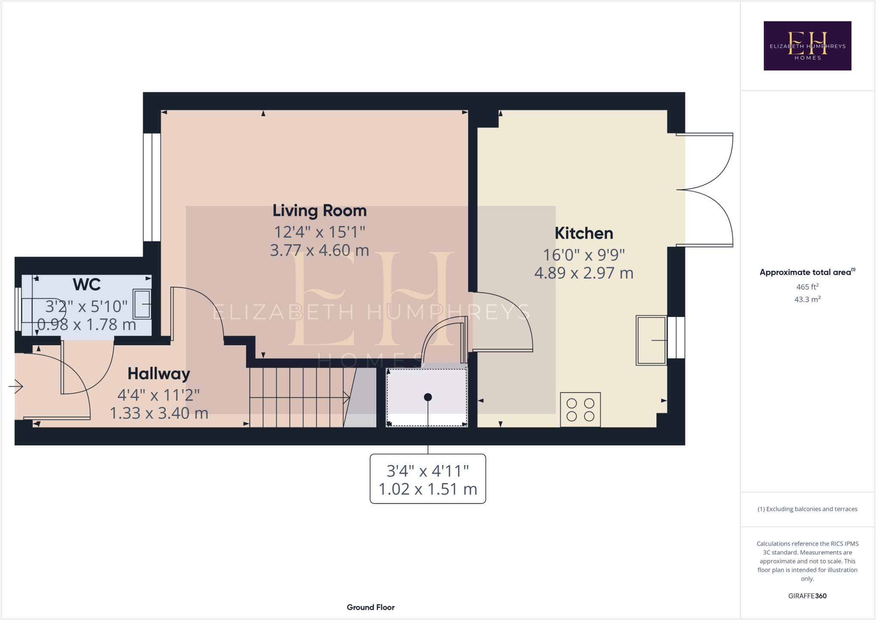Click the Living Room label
pyautogui.click(x=320, y=211)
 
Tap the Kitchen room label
pyautogui.click(x=583, y=233)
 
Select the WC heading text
pyautogui.click(x=86, y=285)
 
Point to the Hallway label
pyautogui.click(x=159, y=374)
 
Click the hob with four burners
pyautogui.click(x=580, y=409)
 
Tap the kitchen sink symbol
pyautogui.click(x=651, y=340)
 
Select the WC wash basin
pyautogui.click(x=142, y=304)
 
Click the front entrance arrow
pyautogui.click(x=16, y=386)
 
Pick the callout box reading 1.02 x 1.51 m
pyautogui.click(x=427, y=479)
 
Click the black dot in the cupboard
pyautogui.click(x=428, y=397)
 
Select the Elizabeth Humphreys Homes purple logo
pyautogui.click(x=807, y=46)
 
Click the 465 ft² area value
pyautogui.click(x=807, y=287)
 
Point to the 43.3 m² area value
pyautogui.click(x=807, y=299)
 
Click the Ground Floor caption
pyautogui.click(x=370, y=607)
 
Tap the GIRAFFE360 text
pyautogui.click(x=807, y=596)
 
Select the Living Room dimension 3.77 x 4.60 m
pyautogui.click(x=320, y=250)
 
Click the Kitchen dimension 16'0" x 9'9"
pyautogui.click(x=583, y=255)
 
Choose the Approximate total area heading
pyautogui.click(x=806, y=272)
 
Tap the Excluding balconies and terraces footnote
pyautogui.click(x=807, y=509)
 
